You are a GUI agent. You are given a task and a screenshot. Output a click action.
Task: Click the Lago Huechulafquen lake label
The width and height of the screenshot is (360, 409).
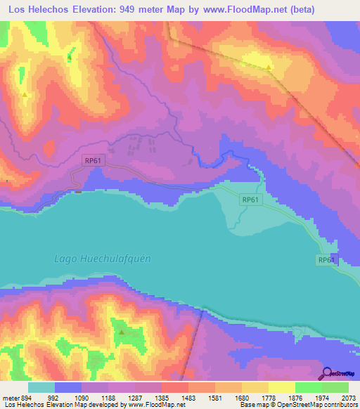point(103,258)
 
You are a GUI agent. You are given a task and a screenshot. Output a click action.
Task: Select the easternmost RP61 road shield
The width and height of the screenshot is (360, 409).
point(326,260)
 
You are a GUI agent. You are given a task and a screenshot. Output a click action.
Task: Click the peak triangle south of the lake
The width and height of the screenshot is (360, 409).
point(121,332)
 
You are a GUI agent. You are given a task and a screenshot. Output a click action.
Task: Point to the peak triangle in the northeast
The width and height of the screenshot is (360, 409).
point(269,67)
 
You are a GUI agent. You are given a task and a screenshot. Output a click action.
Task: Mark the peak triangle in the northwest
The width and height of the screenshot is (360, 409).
point(25,95)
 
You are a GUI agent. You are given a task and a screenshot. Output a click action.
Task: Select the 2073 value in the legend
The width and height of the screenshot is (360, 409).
point(347,396)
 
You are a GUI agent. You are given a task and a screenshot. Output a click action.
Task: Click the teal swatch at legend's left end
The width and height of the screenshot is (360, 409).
point(41,387)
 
